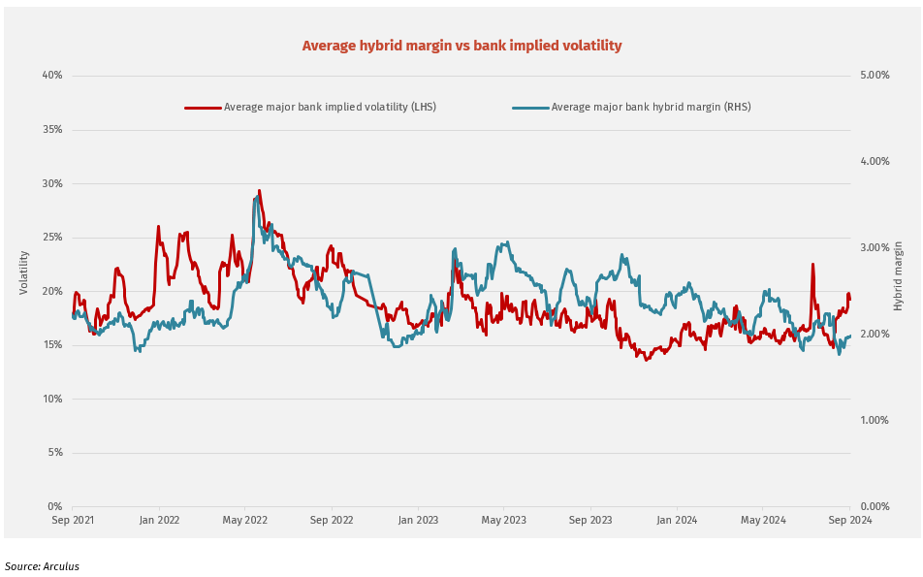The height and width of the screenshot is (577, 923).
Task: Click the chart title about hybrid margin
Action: point(461,46)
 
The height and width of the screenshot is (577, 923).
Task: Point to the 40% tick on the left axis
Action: point(51,76)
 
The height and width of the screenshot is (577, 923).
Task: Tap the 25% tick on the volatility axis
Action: point(51,238)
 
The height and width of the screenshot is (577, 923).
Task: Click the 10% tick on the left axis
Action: point(51,399)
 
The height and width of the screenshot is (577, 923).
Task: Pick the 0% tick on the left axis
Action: point(54,506)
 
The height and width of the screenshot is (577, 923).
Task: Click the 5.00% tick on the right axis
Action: point(875,76)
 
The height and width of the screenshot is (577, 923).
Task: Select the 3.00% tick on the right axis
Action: point(875,247)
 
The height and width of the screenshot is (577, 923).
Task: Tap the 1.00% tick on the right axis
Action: point(875,420)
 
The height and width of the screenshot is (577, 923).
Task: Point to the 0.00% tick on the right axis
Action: point(875,506)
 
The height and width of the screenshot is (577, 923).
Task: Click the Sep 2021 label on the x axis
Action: point(73,520)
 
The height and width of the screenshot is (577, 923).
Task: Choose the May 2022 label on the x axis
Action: point(245,520)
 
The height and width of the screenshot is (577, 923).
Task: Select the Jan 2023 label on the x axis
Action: point(418,520)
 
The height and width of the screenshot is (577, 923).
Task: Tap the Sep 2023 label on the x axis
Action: point(590,520)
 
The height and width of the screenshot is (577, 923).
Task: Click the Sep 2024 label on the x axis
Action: point(849,520)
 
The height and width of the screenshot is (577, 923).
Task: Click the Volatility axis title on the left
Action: point(24,272)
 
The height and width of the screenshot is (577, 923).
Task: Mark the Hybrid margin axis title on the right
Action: point(898,276)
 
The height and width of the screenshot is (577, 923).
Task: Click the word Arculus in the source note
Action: point(61,566)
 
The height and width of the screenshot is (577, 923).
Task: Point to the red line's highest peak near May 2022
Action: point(259,191)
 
